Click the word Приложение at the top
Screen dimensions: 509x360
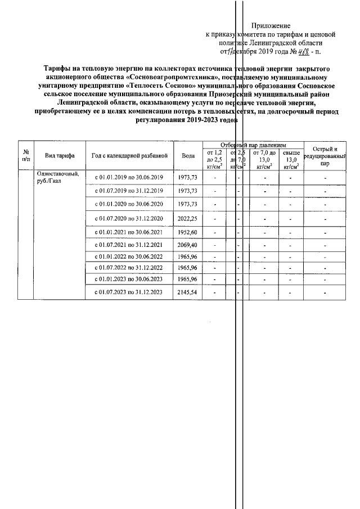tap(271, 25)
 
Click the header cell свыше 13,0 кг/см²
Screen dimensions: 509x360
tap(291, 159)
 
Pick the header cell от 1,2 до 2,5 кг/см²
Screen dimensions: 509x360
tap(214, 159)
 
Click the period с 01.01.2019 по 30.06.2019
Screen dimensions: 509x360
tap(129, 178)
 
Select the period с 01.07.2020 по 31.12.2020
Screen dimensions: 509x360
tap(129, 218)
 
